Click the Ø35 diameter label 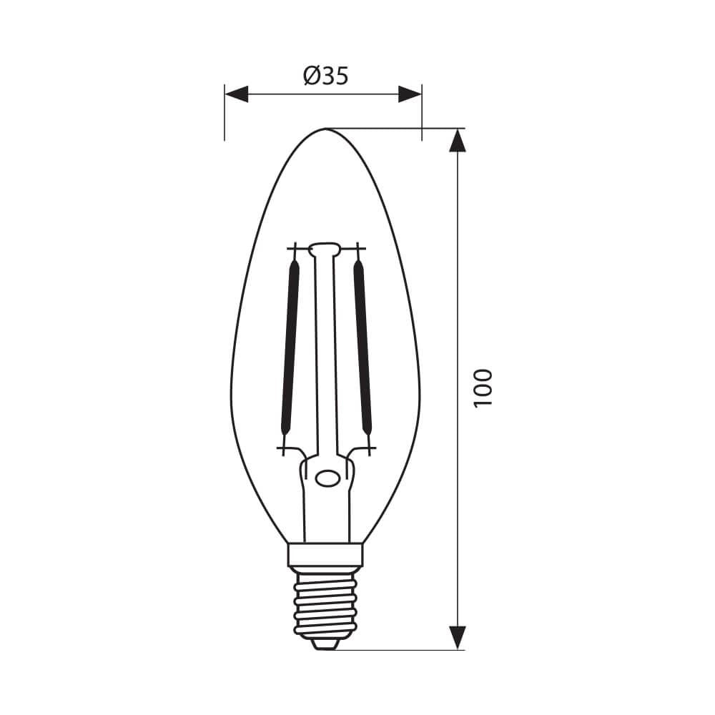click(x=326, y=76)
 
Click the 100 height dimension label click(x=483, y=388)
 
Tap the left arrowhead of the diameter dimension click(x=236, y=94)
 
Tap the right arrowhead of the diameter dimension click(x=410, y=94)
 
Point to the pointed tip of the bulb click(x=326, y=130)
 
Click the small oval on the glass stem click(x=328, y=478)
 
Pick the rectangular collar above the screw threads click(x=326, y=554)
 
